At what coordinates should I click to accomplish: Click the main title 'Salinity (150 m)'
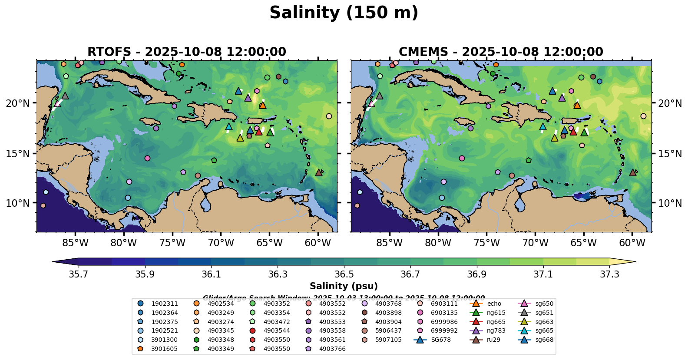(x=344, y=13)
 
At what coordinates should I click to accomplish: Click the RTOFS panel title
(x=187, y=52)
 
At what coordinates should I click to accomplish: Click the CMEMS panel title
(x=501, y=52)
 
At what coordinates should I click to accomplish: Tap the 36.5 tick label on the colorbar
(x=344, y=274)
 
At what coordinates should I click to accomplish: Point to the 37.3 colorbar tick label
(x=609, y=274)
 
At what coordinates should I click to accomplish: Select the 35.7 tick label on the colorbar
(x=79, y=274)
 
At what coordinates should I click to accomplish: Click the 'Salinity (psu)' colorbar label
(x=344, y=286)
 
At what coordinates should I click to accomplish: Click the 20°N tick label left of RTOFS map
(x=18, y=103)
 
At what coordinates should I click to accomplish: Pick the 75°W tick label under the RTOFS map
(x=172, y=243)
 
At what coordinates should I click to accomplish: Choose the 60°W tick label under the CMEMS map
(x=632, y=243)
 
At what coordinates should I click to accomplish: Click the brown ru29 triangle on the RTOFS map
(x=319, y=173)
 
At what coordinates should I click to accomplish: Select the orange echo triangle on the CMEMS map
(x=577, y=105)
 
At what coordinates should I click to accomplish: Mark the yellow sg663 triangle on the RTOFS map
(x=240, y=138)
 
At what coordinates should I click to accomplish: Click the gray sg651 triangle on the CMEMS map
(x=379, y=96)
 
